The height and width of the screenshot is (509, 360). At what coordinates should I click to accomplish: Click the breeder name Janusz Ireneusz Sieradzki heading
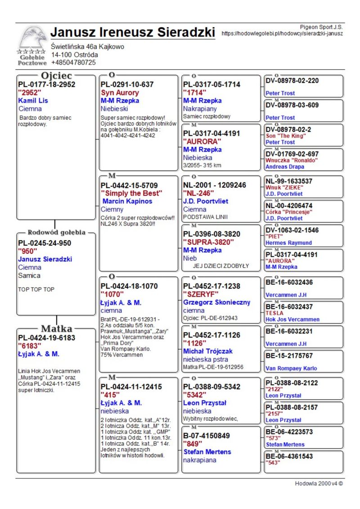133,32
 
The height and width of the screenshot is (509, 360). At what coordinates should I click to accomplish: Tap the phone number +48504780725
73,63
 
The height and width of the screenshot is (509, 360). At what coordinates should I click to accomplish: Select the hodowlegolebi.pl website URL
282,33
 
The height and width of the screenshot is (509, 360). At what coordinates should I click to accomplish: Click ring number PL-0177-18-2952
46,84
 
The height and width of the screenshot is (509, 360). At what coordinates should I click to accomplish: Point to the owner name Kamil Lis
33,100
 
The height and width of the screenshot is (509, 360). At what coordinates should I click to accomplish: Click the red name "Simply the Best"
131,193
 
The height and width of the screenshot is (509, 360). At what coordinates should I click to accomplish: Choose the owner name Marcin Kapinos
127,201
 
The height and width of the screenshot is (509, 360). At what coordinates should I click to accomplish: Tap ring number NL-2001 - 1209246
215,185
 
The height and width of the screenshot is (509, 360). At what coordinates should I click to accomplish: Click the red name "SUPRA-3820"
208,242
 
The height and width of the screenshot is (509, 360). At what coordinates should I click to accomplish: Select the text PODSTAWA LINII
205,216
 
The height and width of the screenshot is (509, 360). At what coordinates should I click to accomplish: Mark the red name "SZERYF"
201,294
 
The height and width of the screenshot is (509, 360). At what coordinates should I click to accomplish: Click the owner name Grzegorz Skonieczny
216,302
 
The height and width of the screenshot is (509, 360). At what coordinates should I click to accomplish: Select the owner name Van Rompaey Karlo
291,368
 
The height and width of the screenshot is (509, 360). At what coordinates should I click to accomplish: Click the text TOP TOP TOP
36,289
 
